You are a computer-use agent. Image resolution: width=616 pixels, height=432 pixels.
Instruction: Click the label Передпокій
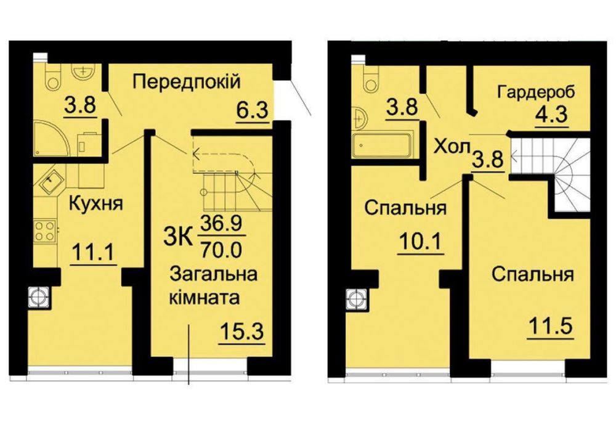185,81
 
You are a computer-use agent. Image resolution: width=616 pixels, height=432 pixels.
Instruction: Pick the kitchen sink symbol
49,180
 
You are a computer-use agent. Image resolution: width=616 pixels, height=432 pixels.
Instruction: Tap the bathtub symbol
381,147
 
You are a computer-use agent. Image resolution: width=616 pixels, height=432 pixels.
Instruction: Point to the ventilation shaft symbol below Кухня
40,297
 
